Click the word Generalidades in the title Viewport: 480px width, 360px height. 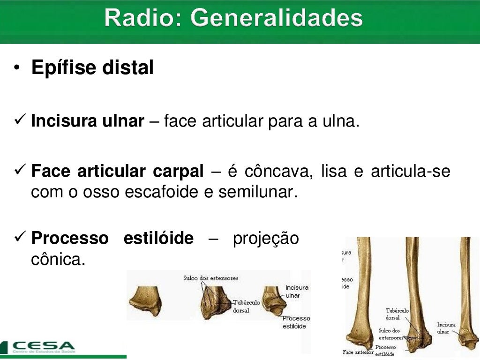pyautogui.click(x=277, y=19)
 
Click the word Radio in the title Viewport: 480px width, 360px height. pyautogui.click(x=143, y=19)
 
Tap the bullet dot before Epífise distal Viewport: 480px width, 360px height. pyautogui.click(x=17, y=68)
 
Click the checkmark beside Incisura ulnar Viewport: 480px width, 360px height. pyautogui.click(x=19, y=121)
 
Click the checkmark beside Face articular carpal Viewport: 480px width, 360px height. pyautogui.click(x=19, y=172)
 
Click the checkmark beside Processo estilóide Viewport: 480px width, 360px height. pyautogui.click(x=19, y=238)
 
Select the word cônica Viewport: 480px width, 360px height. pyautogui.click(x=58, y=259)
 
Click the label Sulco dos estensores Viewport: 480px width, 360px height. pyautogui.click(x=210, y=278)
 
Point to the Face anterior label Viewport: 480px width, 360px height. pyautogui.click(x=358, y=352)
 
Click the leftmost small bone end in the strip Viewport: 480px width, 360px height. pyautogui.click(x=145, y=300)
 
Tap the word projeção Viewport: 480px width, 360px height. pyautogui.click(x=266, y=238)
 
